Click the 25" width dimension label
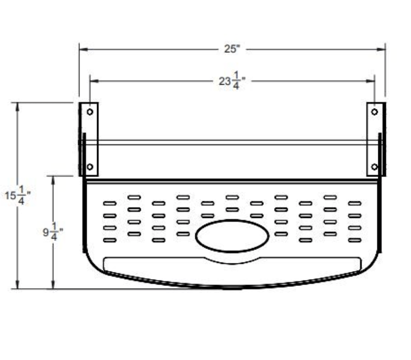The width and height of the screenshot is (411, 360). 232,49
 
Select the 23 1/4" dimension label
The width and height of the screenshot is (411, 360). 232,81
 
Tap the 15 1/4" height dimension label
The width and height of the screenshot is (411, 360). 17,195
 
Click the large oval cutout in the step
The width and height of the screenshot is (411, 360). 232,236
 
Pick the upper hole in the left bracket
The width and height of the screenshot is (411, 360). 90,112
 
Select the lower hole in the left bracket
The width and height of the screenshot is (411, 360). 90,167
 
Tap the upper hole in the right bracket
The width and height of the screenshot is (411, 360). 374,112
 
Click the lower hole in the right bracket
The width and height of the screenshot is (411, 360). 374,167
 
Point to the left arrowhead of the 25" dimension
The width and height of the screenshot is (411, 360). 83,49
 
